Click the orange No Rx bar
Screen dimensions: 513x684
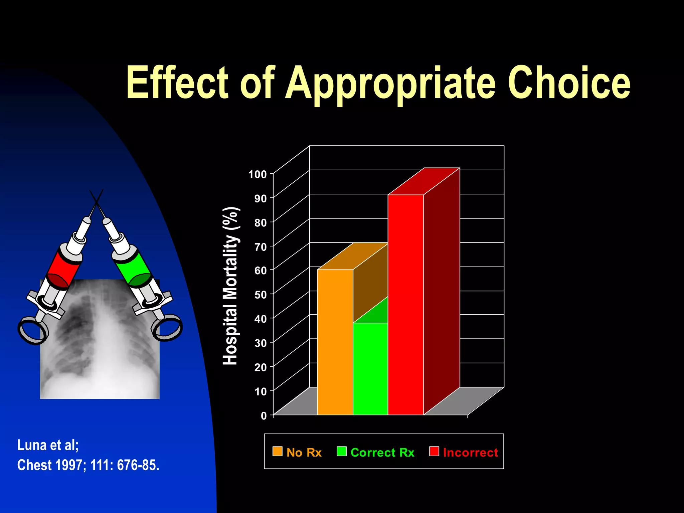point(335,342)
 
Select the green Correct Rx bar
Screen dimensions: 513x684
point(370,369)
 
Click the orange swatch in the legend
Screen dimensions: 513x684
point(277,451)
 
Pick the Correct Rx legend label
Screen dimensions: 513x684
point(382,453)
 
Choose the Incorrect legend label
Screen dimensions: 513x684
point(470,453)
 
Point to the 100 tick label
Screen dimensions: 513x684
point(258,174)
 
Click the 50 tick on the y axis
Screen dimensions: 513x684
point(261,295)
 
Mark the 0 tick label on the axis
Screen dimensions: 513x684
point(264,416)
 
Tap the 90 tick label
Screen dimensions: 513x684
point(261,199)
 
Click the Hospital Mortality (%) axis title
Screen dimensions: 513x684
point(230,286)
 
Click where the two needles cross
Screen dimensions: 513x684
point(97,202)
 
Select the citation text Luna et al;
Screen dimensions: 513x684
point(48,445)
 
